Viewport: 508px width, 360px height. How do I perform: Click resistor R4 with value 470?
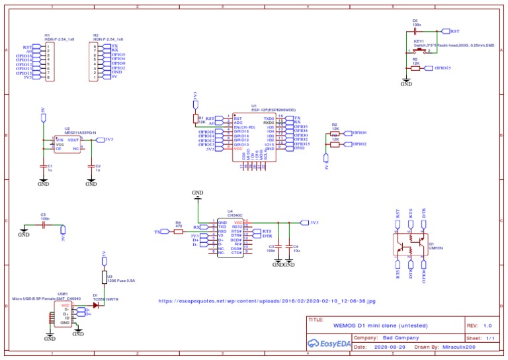(179, 232)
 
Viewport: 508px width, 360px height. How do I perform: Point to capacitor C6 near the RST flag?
(415, 30)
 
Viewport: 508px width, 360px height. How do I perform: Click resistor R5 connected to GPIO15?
(415, 67)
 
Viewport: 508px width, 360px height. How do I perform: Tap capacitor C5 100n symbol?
(43, 225)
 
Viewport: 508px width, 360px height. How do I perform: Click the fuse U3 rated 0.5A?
(104, 277)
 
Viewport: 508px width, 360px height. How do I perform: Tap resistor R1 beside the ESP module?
(195, 118)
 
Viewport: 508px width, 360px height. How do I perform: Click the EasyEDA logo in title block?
(330, 343)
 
